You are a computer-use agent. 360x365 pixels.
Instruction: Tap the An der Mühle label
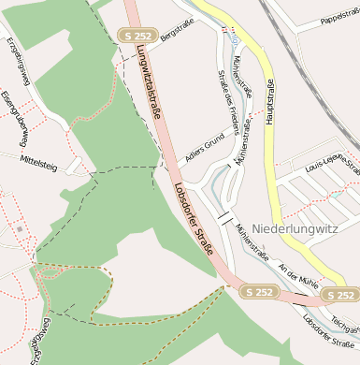[x=298, y=274]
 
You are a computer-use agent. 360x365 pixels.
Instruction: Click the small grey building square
[x=19, y=227]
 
